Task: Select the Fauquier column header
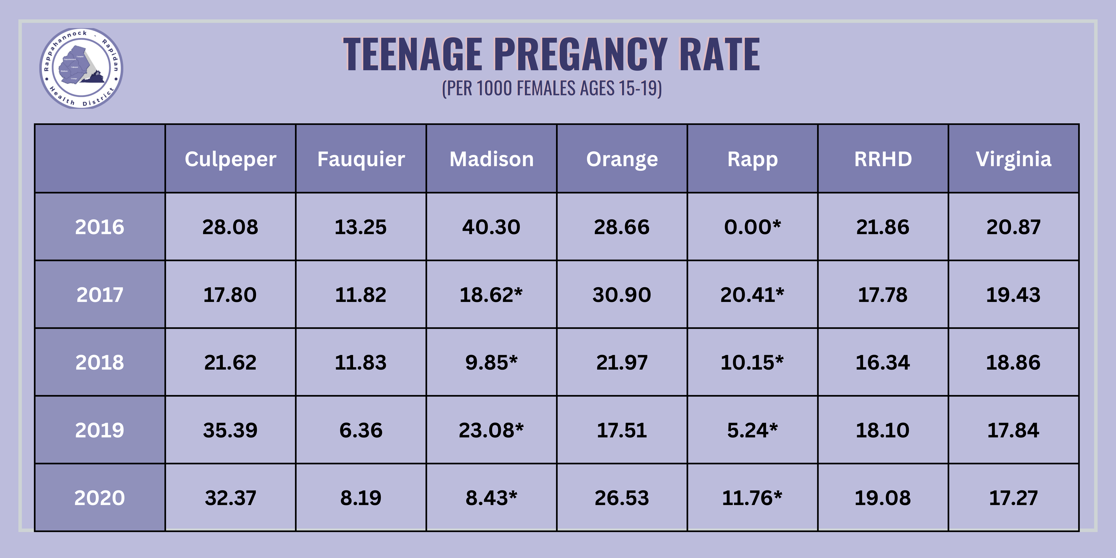(x=361, y=159)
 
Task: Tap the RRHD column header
(x=883, y=159)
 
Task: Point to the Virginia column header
(x=1013, y=159)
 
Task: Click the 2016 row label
(x=100, y=227)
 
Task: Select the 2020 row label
(x=100, y=498)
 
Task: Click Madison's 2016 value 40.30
(x=491, y=227)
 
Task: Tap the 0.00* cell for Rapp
(x=752, y=227)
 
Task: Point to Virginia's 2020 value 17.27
(x=1013, y=498)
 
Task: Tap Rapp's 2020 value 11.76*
(x=752, y=498)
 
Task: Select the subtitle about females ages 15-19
(x=552, y=88)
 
